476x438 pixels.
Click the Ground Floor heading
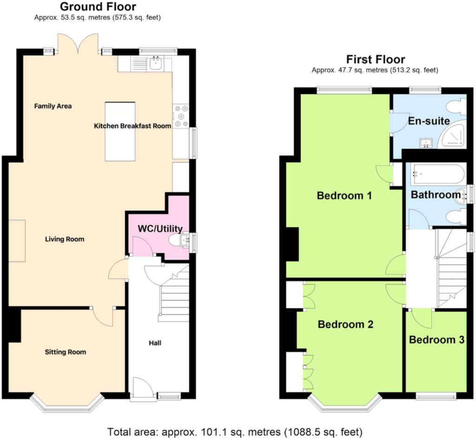pyautogui.click(x=98, y=7)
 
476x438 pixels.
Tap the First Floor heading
pyautogui.click(x=376, y=59)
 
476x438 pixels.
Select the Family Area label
pyautogui.click(x=53, y=106)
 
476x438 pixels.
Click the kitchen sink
pyautogui.click(x=156, y=63)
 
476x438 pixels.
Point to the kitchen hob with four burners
pyautogui.click(x=181, y=116)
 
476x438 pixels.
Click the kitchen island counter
pyautogui.click(x=120, y=131)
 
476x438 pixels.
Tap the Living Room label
pyautogui.click(x=65, y=239)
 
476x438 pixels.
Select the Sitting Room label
pyautogui.click(x=65, y=352)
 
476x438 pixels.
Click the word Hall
pyautogui.click(x=155, y=343)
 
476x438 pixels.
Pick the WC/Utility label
pyautogui.click(x=160, y=229)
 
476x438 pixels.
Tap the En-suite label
pyautogui.click(x=429, y=121)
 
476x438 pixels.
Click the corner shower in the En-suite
pyautogui.click(x=452, y=135)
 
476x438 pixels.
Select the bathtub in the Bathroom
pyautogui.click(x=437, y=174)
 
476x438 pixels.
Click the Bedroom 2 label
pyautogui.click(x=345, y=324)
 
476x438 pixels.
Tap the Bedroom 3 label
pyautogui.click(x=436, y=340)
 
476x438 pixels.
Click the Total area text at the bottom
pyautogui.click(x=235, y=431)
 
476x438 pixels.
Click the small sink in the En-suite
pyautogui.click(x=426, y=143)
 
